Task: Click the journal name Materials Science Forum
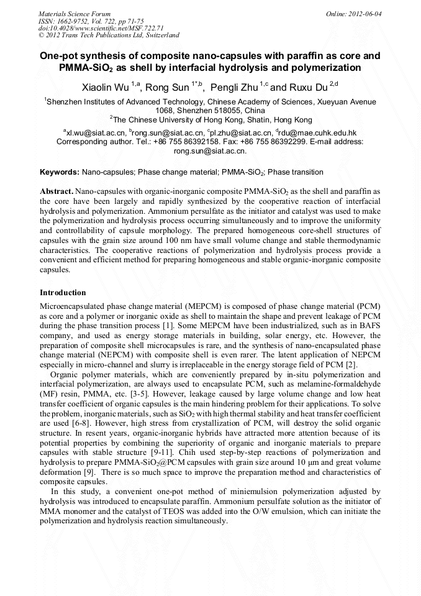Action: [x=75, y=13]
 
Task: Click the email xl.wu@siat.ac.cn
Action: [x=95, y=132]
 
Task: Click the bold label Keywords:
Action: [x=60, y=172]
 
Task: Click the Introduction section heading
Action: [x=63, y=292]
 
